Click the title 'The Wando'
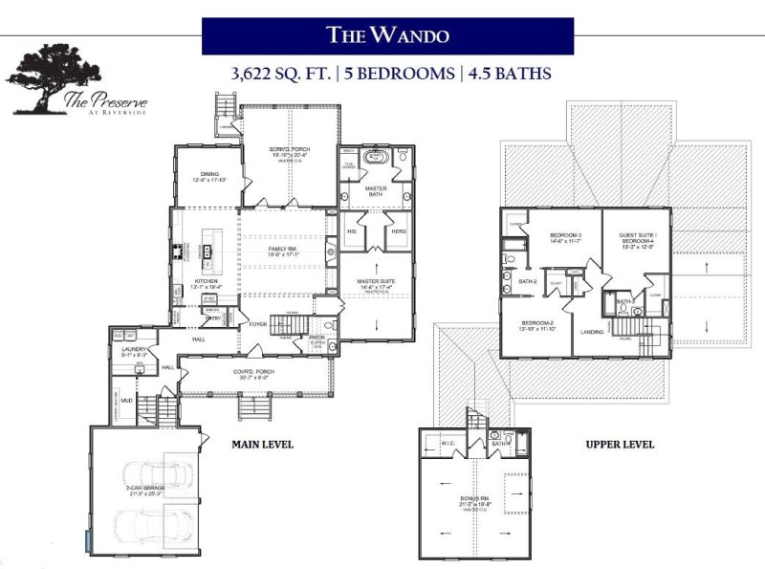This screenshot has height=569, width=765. tap(387, 36)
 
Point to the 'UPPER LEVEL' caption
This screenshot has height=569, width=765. tap(619, 445)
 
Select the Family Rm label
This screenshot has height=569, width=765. tap(284, 252)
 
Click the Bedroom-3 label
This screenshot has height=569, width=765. tap(566, 237)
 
